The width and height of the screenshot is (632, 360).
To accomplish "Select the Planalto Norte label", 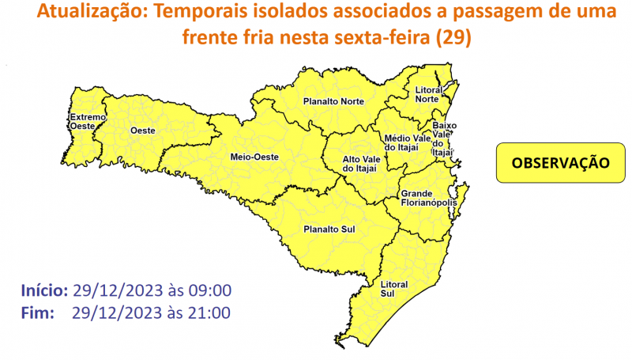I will coord(333,101).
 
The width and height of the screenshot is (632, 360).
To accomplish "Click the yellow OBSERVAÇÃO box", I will coord(560,162).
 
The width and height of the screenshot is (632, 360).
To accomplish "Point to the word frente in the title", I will coord(210,38).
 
